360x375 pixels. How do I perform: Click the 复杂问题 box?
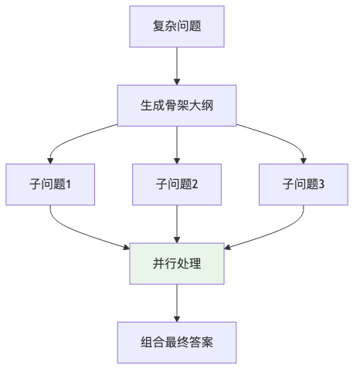point(178,26)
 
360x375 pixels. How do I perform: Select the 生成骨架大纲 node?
point(178,105)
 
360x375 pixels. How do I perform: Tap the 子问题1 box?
point(50,184)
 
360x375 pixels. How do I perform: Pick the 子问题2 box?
point(178,184)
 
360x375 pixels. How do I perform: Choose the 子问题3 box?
point(304,184)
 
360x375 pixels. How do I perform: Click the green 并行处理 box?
point(178,263)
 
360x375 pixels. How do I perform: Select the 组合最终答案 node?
point(178,342)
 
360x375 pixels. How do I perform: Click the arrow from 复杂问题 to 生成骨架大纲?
point(178,66)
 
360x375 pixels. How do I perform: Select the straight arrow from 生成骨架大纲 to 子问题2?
point(178,144)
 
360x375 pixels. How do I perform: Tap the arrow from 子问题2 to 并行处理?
point(178,224)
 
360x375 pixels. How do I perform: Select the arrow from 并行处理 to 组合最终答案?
point(178,302)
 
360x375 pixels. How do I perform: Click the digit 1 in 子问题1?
point(70,184)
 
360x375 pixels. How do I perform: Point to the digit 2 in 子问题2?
point(196,184)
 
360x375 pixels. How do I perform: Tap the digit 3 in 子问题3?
point(322,184)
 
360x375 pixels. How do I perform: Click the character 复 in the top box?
point(159,26)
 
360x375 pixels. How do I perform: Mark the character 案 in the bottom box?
point(209,342)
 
